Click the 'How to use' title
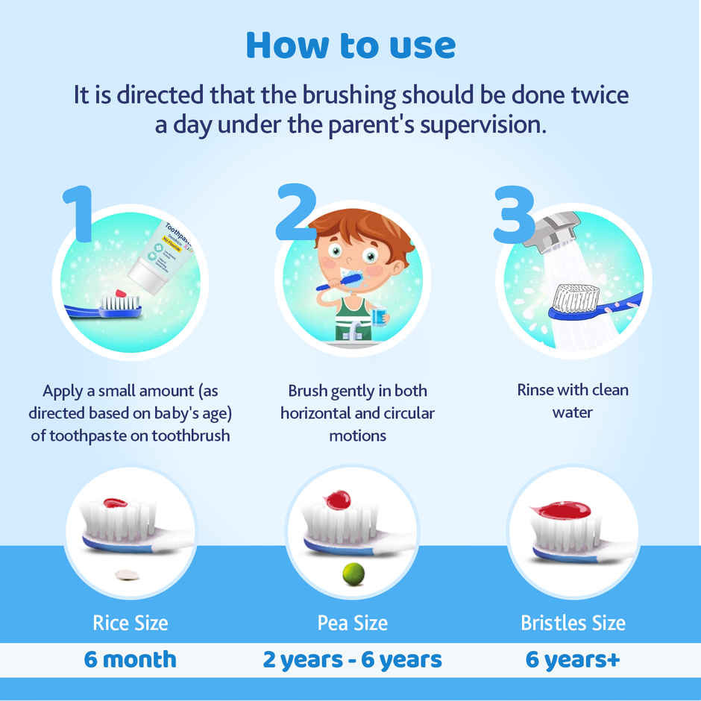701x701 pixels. (350, 45)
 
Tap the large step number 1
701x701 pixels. (78, 214)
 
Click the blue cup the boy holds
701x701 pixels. (379, 316)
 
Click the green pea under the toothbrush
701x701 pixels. (353, 573)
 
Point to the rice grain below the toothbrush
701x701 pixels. (127, 574)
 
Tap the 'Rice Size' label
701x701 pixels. (131, 623)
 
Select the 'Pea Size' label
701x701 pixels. (352, 623)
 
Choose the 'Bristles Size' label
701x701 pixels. (573, 623)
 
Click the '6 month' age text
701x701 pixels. (131, 660)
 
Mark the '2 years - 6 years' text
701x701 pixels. (352, 660)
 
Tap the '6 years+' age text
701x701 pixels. (573, 660)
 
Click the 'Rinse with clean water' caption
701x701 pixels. (573, 400)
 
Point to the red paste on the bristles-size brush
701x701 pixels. (565, 510)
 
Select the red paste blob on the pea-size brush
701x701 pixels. (339, 500)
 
